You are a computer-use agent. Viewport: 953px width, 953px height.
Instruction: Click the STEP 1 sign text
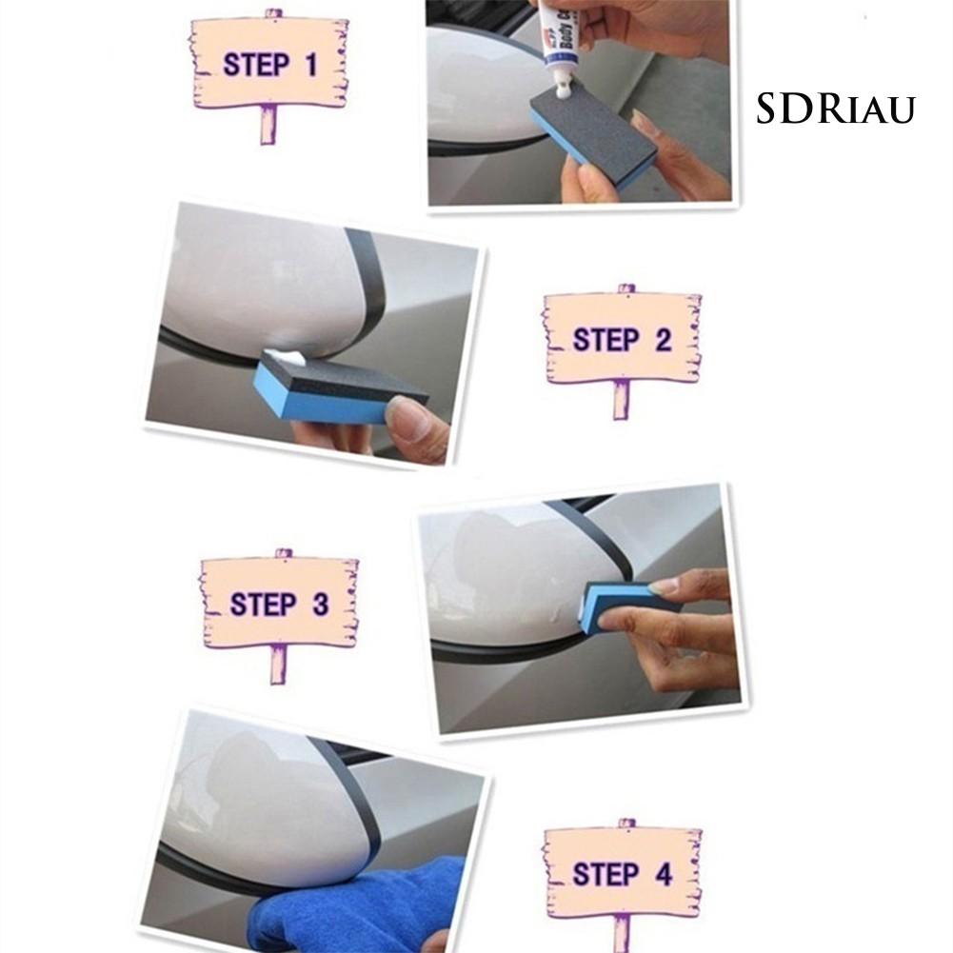[269, 65]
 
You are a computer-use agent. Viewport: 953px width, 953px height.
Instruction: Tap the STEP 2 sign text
[621, 340]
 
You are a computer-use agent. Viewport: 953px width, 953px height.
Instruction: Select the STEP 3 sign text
[279, 604]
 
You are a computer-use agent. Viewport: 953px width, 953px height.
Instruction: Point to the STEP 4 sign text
[621, 874]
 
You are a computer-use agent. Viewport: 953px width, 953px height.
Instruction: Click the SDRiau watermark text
[835, 109]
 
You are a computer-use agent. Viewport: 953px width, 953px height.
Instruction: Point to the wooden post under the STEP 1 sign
[268, 124]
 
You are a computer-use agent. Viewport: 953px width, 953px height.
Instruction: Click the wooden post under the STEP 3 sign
[277, 664]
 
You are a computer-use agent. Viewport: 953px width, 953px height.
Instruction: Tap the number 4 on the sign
[662, 874]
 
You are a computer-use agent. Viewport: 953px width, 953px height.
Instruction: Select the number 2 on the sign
[663, 340]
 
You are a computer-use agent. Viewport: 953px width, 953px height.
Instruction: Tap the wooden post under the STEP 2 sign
[622, 399]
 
